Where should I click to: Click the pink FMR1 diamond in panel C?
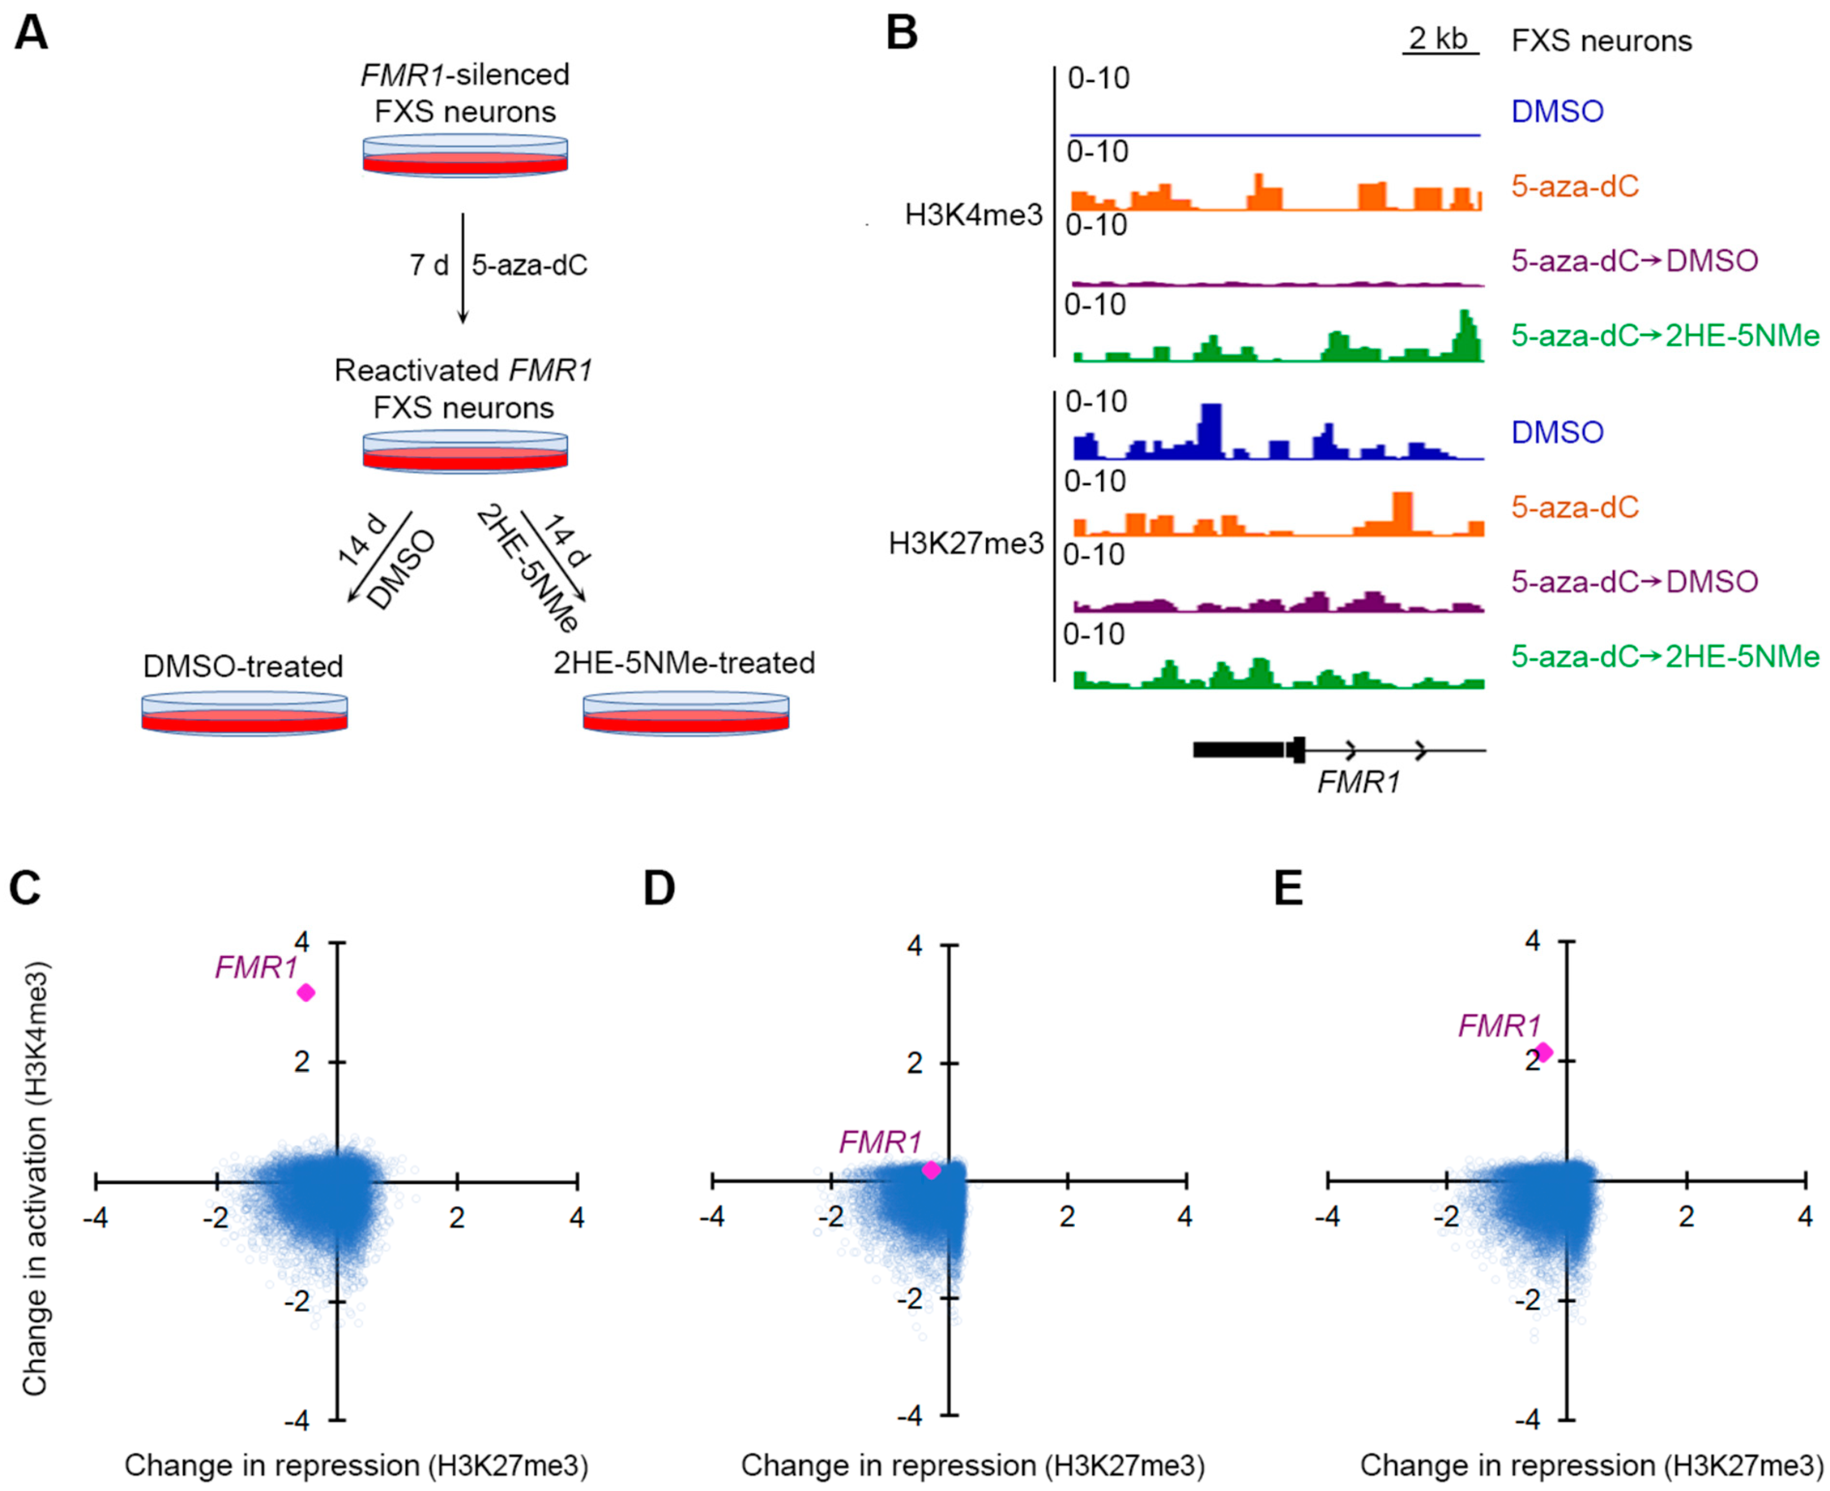(x=306, y=993)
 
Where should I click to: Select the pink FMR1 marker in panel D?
(x=931, y=1170)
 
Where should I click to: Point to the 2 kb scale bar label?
(x=1439, y=39)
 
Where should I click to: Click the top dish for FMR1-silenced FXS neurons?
(x=465, y=156)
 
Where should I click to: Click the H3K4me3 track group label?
(x=974, y=215)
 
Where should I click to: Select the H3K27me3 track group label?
(x=966, y=544)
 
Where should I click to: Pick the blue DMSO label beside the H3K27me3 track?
(x=1557, y=432)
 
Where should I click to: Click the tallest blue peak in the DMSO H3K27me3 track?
(x=1211, y=429)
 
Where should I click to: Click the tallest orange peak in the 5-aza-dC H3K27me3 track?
(x=1402, y=513)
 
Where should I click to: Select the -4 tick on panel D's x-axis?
(x=711, y=1217)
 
